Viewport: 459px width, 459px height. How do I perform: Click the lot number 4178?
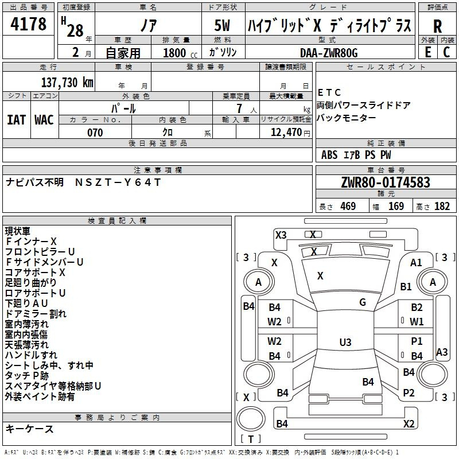coord(29,25)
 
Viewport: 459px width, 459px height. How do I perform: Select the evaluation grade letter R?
coord(437,26)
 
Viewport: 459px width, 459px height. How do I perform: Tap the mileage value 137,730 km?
coord(67,82)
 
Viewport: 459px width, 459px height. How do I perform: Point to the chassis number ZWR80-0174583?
coord(385,182)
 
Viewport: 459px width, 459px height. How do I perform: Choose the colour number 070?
coord(95,133)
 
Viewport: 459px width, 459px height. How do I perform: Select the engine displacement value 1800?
coord(174,53)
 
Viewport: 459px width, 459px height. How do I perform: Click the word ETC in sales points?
coord(329,92)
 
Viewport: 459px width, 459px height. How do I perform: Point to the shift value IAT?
coord(16,119)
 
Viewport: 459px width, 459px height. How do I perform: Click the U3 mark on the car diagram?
coord(345,343)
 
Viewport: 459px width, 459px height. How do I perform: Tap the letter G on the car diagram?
coord(363,302)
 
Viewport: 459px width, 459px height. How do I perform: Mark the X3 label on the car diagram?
coord(281,235)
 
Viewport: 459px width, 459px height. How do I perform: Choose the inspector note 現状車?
coord(18,231)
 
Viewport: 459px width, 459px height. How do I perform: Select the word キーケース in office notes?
coord(29,429)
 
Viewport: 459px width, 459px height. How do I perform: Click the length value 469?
coord(348,207)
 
